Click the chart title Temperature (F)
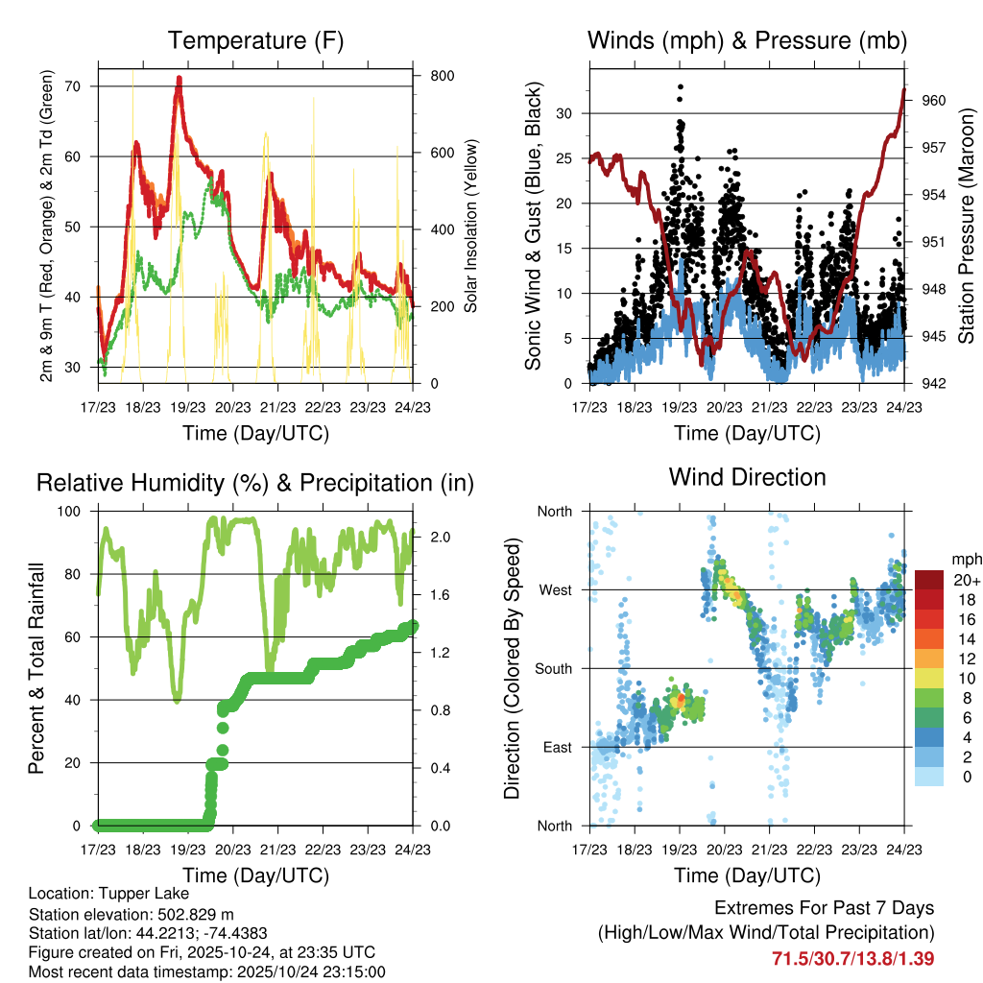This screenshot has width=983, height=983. click(x=255, y=41)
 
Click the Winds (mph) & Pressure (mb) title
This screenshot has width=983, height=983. click(x=748, y=41)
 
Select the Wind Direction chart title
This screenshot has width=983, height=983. click(x=748, y=477)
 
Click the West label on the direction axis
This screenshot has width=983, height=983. click(x=555, y=589)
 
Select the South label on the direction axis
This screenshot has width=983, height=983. click(x=553, y=668)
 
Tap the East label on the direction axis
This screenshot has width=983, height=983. click(x=557, y=747)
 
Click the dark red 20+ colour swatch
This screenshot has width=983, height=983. click(x=930, y=580)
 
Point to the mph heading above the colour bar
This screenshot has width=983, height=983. click(x=965, y=559)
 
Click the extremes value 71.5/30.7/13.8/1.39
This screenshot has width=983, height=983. click(x=853, y=958)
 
